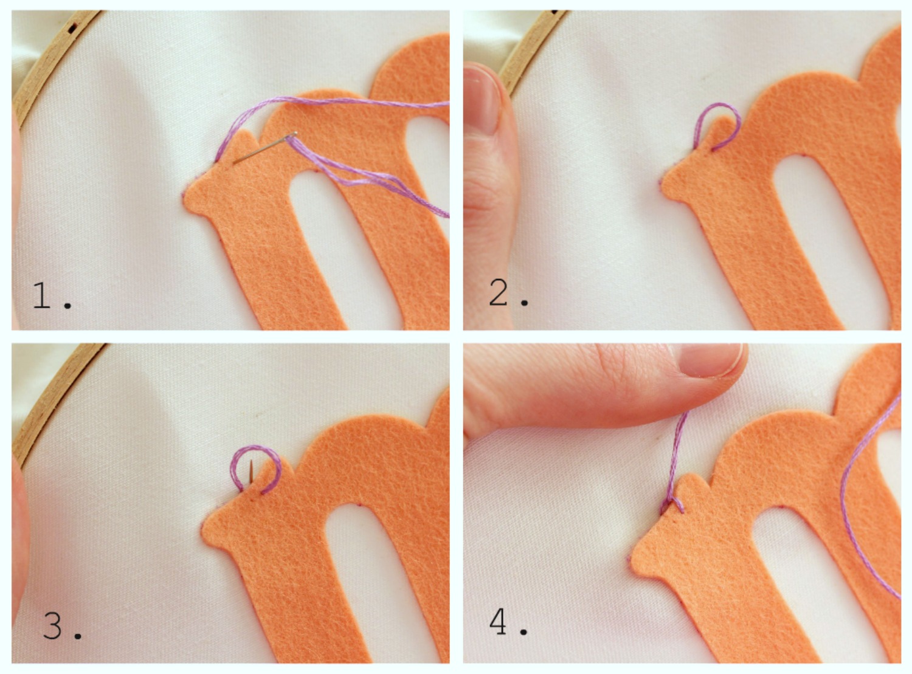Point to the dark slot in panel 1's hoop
(x=74, y=28)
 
